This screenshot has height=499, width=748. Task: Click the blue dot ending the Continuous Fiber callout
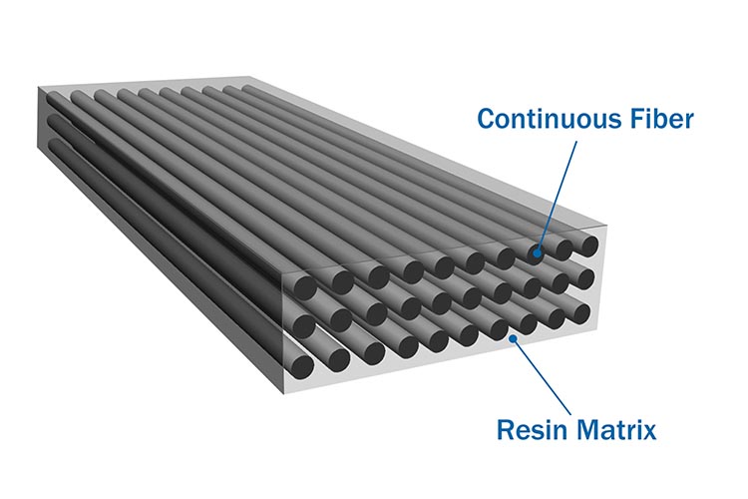tap(537, 253)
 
